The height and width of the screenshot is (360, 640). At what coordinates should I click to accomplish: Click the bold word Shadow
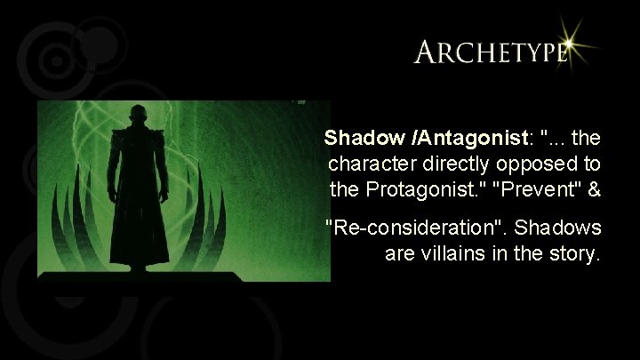[x=354, y=139]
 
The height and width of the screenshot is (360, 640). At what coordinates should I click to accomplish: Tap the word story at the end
[x=577, y=254]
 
